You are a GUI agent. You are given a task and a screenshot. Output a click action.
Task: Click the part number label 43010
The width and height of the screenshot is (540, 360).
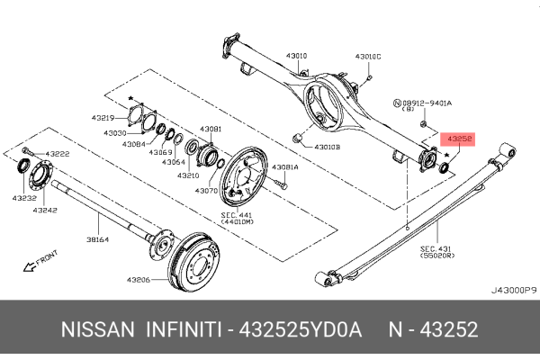coord(296,56)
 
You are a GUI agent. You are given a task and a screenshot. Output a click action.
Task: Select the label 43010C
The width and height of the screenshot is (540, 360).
coord(368,56)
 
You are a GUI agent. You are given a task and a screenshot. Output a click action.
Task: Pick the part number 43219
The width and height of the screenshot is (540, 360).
coord(103,119)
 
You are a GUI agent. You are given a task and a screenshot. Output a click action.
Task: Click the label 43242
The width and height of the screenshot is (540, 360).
coord(45,210)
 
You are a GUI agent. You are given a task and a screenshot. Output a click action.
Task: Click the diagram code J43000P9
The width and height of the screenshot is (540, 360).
coord(513,291)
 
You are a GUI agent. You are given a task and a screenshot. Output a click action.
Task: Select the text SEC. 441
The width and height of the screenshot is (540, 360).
coord(238,216)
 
